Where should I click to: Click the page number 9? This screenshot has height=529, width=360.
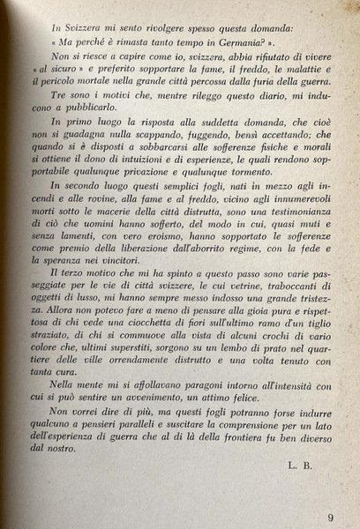click(x=329, y=493)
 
